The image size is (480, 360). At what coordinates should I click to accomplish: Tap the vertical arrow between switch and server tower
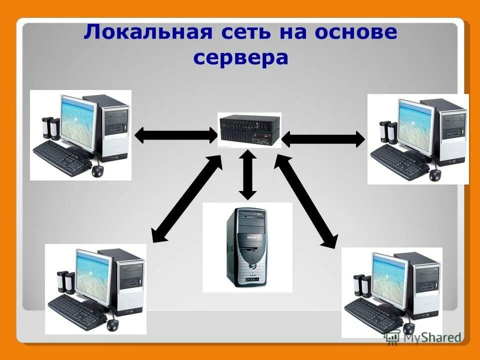247,175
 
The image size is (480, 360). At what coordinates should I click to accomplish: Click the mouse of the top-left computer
97,170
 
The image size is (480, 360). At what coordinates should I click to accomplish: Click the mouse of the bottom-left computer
112,324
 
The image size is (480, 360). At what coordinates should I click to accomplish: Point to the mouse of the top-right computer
435,175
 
